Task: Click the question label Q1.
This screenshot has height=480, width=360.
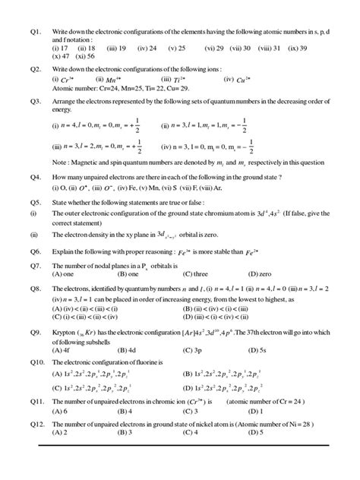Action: click(32, 30)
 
